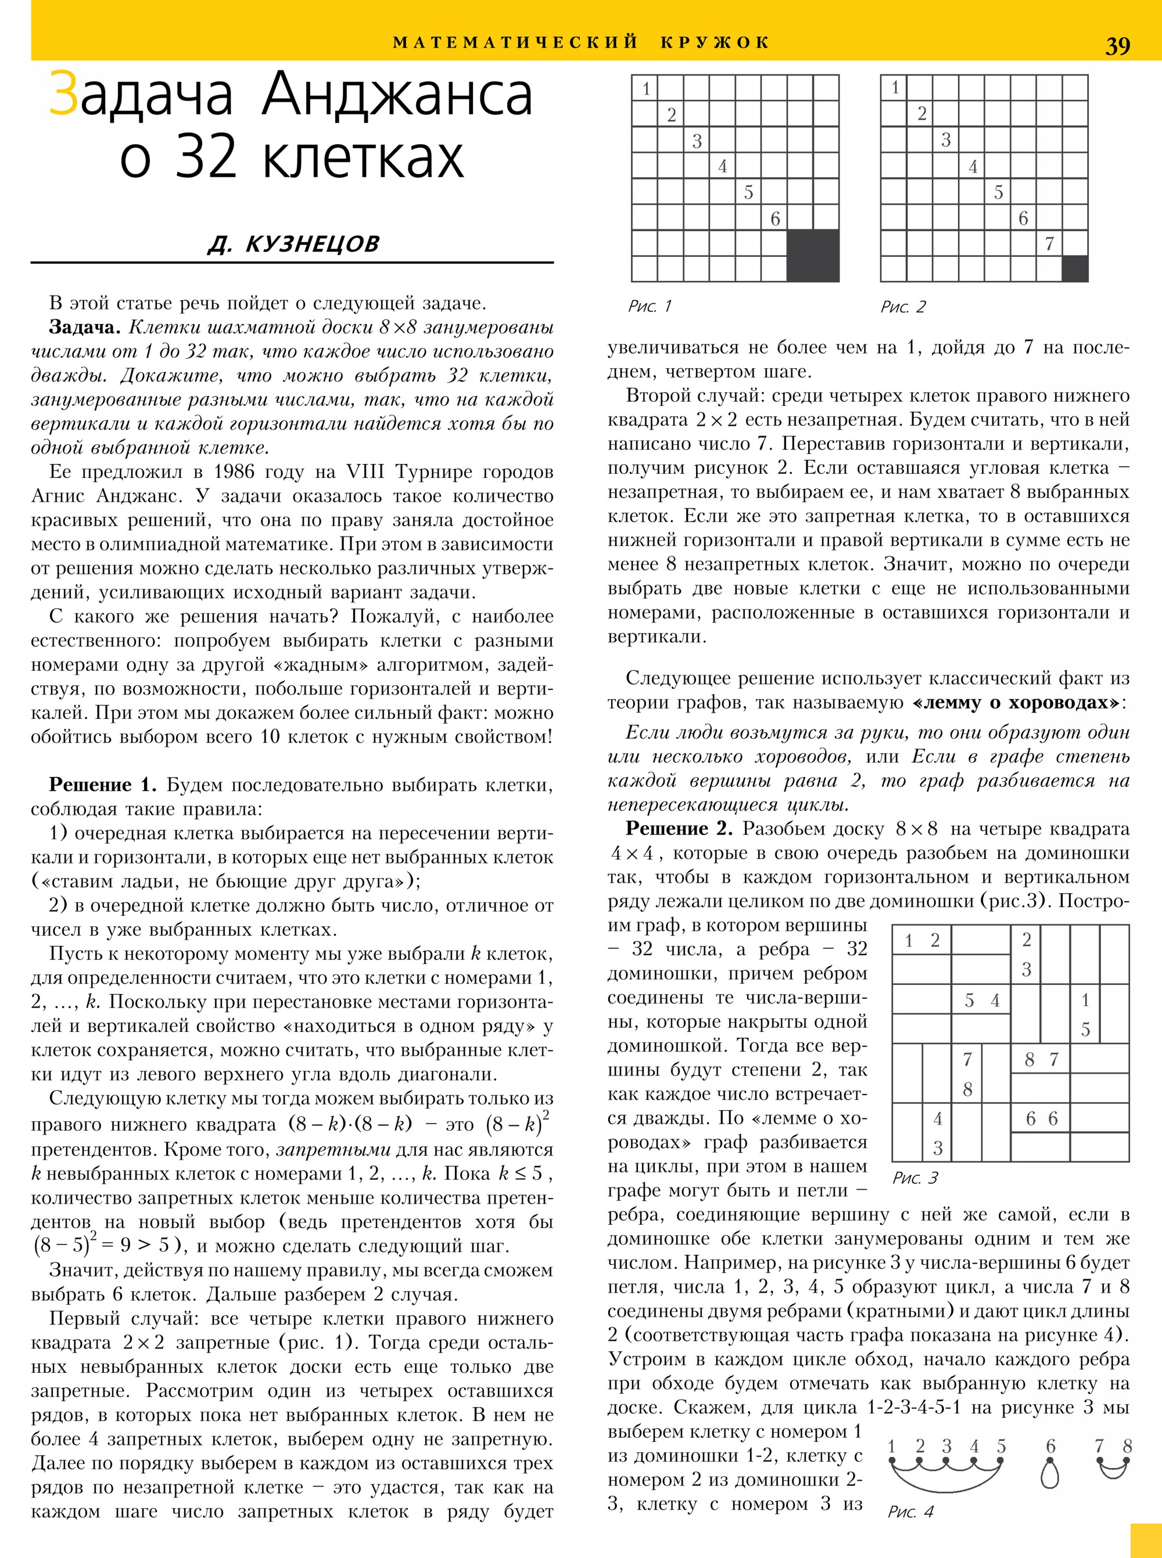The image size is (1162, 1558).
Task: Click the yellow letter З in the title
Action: [x=63, y=93]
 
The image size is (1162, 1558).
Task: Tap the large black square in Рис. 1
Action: [x=812, y=255]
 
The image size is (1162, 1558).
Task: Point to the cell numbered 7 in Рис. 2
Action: [x=1049, y=243]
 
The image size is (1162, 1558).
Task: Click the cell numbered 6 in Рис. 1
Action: [x=774, y=218]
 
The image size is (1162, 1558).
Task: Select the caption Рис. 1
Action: [x=649, y=306]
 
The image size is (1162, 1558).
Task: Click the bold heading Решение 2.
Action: [x=679, y=828]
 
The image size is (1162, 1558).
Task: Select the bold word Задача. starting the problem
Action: [x=84, y=327]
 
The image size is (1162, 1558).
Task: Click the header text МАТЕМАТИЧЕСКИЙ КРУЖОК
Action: [x=581, y=42]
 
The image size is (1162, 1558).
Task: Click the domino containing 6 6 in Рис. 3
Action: [x=1041, y=1118]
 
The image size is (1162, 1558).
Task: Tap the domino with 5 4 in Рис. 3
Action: [x=981, y=1000]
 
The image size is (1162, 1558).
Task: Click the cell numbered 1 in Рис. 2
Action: [x=894, y=88]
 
